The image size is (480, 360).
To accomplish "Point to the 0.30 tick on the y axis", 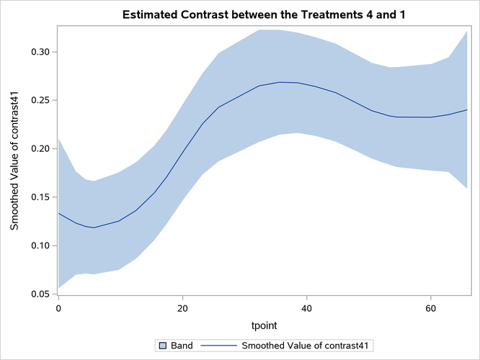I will [41, 52].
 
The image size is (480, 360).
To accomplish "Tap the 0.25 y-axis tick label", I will [41, 100].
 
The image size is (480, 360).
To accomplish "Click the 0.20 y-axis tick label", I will [41, 148].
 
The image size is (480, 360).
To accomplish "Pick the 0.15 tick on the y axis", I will [41, 197].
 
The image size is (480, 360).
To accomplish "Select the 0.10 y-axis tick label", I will [41, 246].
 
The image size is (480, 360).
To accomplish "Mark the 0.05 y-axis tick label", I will [41, 294].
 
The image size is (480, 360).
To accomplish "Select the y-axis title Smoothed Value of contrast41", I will [14, 161].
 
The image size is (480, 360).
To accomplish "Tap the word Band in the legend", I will [181, 346].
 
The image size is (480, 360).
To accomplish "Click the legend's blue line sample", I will [218, 346].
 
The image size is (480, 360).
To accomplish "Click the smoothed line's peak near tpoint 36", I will [280, 82].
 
